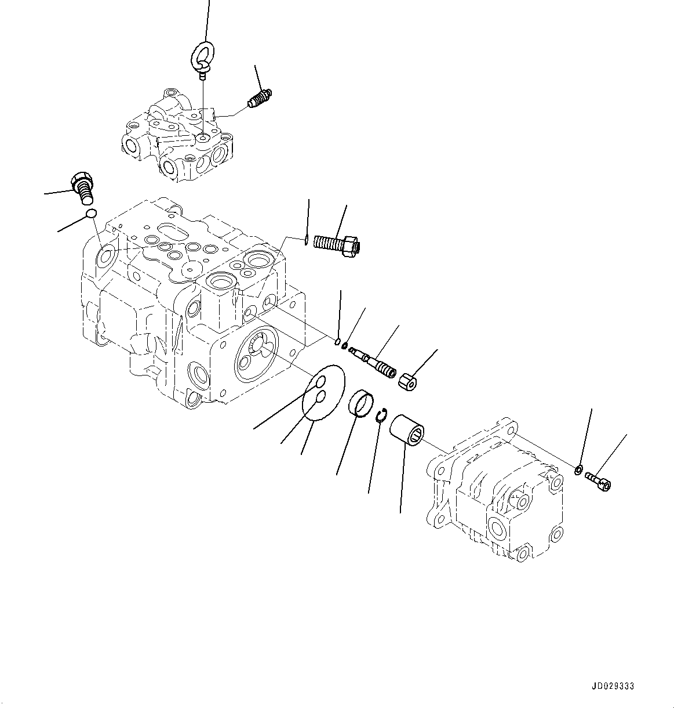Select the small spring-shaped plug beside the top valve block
pyautogui.click(x=260, y=99)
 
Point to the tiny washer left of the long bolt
pyautogui.click(x=305, y=237)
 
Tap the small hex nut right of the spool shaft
pyautogui.click(x=410, y=381)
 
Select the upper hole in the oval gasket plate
pyautogui.click(x=320, y=382)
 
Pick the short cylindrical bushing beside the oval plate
pyautogui.click(x=360, y=404)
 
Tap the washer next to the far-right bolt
pyautogui.click(x=578, y=468)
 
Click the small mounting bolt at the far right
pyautogui.click(x=598, y=479)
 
